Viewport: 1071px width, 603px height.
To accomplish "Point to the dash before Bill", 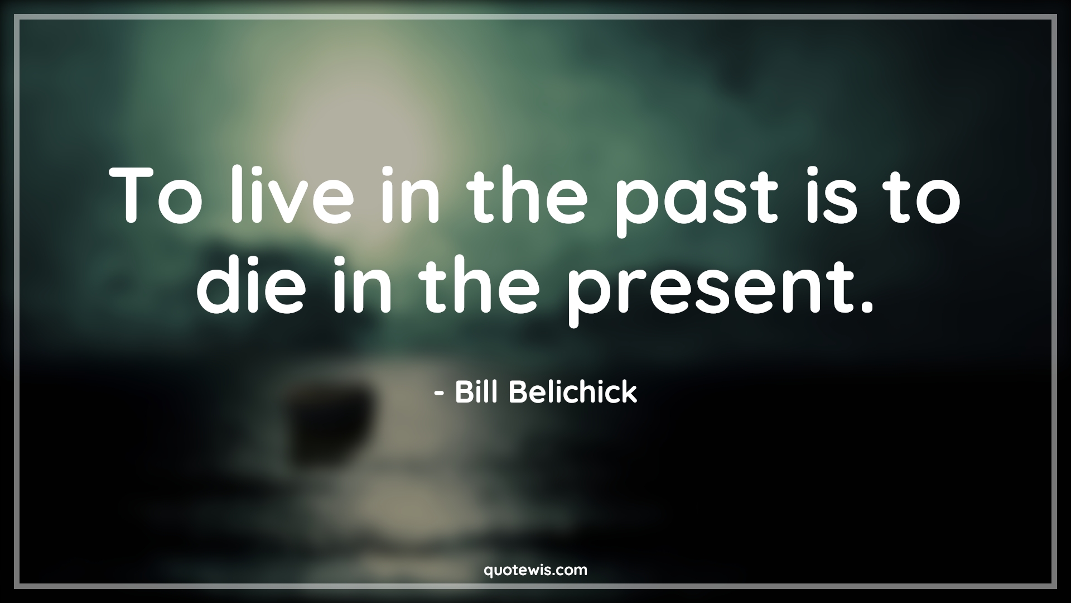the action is [439, 394].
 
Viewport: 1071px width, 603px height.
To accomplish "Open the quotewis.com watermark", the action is [535, 570].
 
